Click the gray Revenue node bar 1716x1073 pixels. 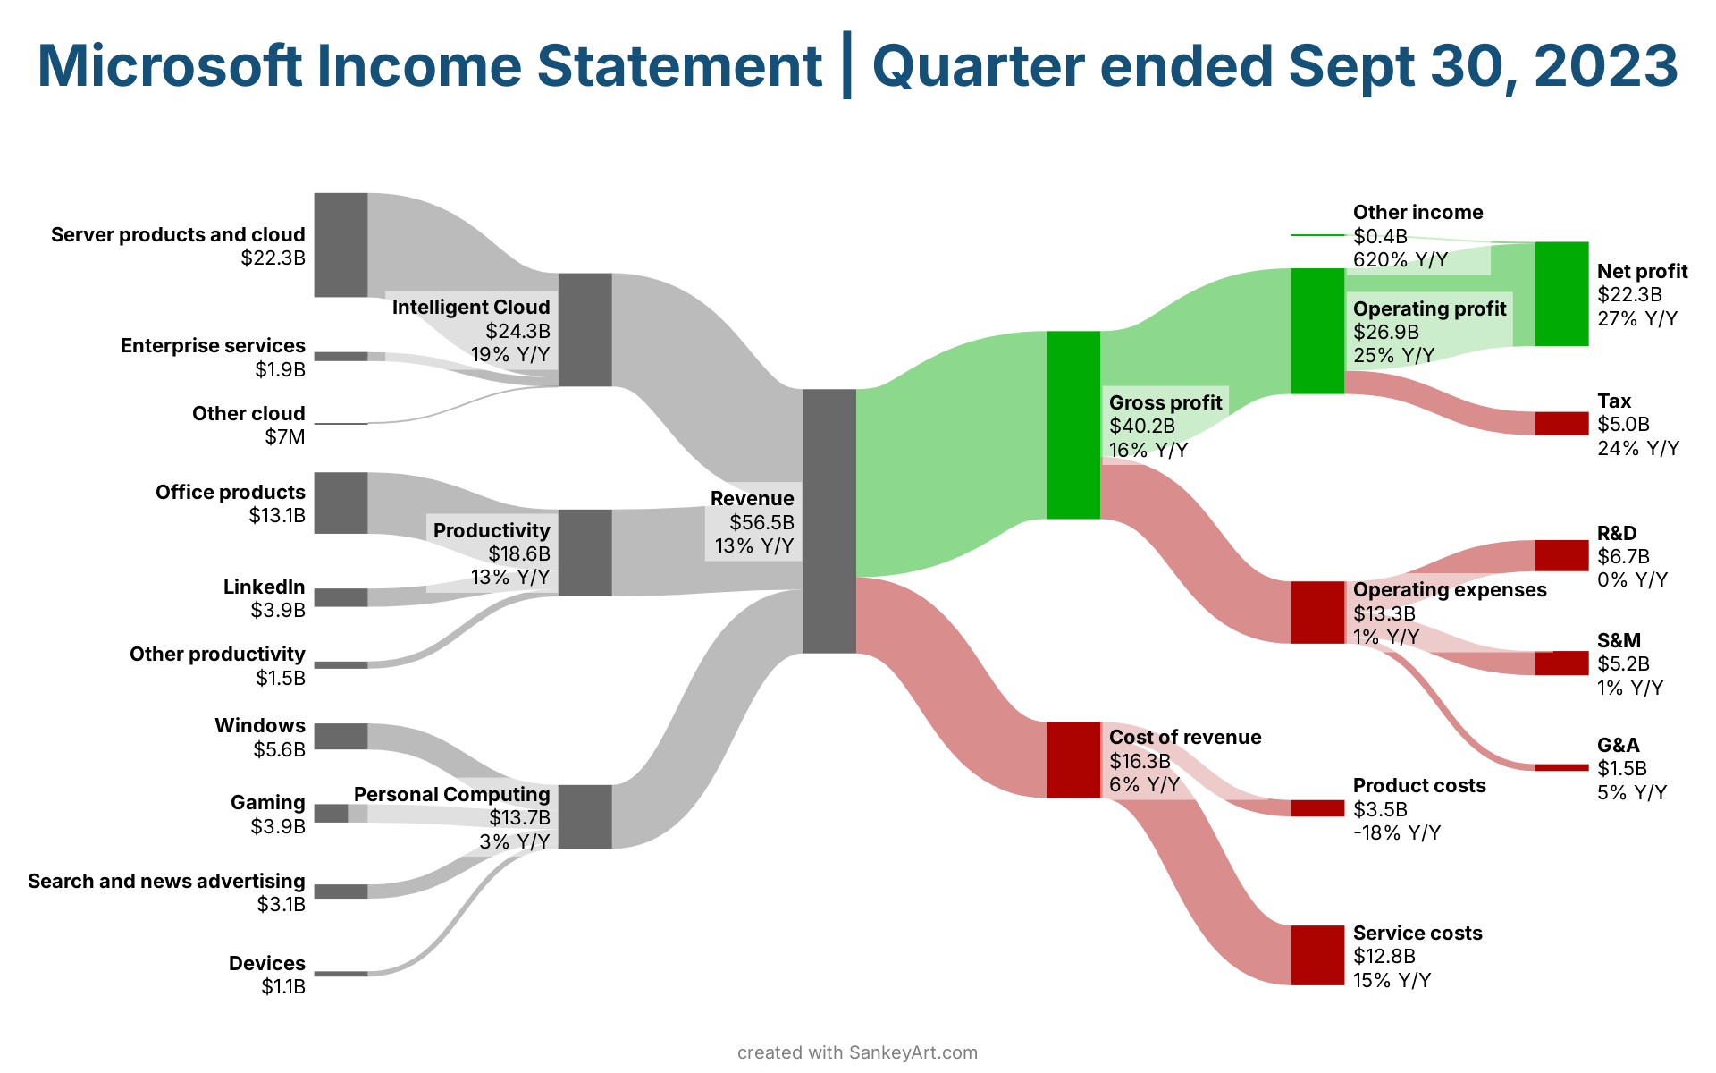click(829, 521)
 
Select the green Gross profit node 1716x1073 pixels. click(1073, 425)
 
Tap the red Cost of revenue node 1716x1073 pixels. click(1073, 759)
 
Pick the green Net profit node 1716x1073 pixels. click(1561, 293)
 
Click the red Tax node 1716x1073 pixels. click(1561, 423)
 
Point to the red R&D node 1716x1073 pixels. click(1561, 555)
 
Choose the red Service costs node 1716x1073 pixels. click(1317, 955)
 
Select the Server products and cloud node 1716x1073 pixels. click(341, 244)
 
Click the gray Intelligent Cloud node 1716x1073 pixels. click(585, 329)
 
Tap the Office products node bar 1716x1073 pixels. click(341, 503)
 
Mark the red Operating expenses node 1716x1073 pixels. click(1317, 613)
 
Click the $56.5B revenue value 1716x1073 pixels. click(761, 522)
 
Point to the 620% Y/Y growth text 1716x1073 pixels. click(1400, 260)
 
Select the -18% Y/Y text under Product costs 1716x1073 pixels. click(1397, 833)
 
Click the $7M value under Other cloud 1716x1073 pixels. click(285, 437)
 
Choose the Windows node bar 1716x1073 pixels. click(341, 736)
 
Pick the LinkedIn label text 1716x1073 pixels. click(265, 587)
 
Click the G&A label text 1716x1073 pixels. click(1619, 745)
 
